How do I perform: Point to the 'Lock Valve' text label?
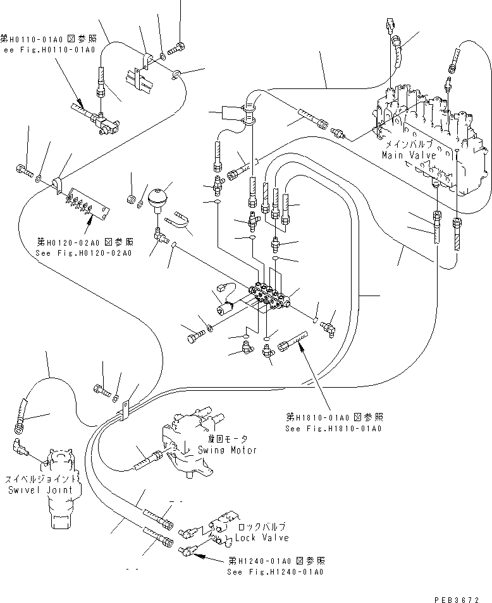point(262,537)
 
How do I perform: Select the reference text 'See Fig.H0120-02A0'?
point(85,253)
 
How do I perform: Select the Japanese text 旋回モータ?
point(227,439)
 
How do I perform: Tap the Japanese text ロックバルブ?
point(261,527)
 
